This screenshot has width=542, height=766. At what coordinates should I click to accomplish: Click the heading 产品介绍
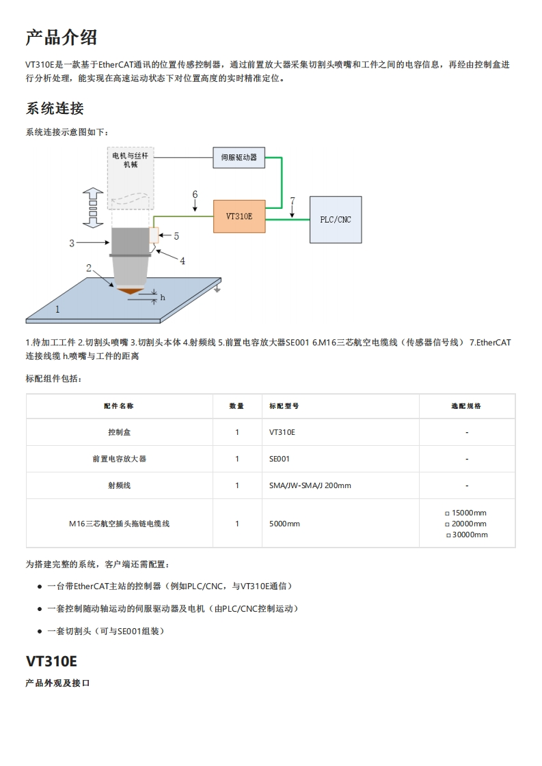click(x=62, y=38)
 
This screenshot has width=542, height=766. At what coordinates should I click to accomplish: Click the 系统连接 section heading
click(x=55, y=109)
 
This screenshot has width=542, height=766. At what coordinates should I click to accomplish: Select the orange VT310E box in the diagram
click(x=239, y=216)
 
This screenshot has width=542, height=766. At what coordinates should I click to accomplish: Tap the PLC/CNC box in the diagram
click(x=336, y=220)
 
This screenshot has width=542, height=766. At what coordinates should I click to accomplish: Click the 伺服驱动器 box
click(x=239, y=158)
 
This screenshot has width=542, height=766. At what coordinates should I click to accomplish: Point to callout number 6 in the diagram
click(x=195, y=195)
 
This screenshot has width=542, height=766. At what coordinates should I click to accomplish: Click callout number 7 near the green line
click(x=293, y=201)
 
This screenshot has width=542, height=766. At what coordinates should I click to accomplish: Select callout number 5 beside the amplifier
click(x=176, y=236)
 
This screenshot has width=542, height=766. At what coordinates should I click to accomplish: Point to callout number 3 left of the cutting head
click(x=72, y=242)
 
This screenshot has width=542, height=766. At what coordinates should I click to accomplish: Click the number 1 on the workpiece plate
click(x=57, y=309)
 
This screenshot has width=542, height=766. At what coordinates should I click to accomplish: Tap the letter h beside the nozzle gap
click(x=163, y=297)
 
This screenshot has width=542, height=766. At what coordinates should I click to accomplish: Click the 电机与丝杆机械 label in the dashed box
click(x=130, y=160)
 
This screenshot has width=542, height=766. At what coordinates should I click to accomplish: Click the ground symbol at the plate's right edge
click(x=217, y=289)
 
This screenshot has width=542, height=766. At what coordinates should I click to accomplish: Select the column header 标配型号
click(x=284, y=406)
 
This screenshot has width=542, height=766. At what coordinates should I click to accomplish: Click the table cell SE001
click(x=280, y=459)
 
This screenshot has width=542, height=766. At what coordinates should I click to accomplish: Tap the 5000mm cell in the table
click(x=285, y=524)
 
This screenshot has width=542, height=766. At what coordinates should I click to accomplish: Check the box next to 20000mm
click(x=448, y=524)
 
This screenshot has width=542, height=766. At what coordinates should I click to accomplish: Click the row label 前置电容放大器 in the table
click(x=120, y=459)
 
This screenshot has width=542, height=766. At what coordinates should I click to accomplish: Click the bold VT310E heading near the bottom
click(x=51, y=661)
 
